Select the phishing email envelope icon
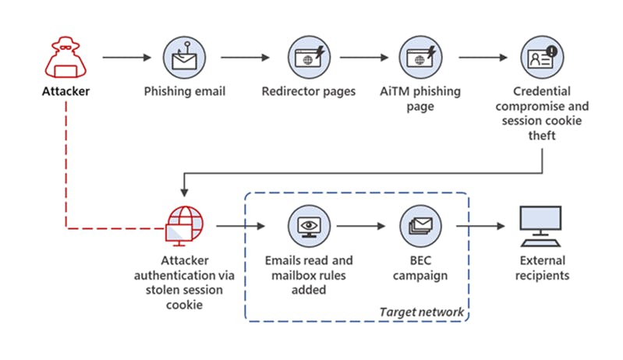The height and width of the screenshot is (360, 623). pos(185,57)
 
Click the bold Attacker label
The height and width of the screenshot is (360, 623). pos(65,92)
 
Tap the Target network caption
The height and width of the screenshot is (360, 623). pos(421,312)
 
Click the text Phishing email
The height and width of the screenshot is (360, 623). pos(185,92)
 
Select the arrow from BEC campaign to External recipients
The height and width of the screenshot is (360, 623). pos(480,227)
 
